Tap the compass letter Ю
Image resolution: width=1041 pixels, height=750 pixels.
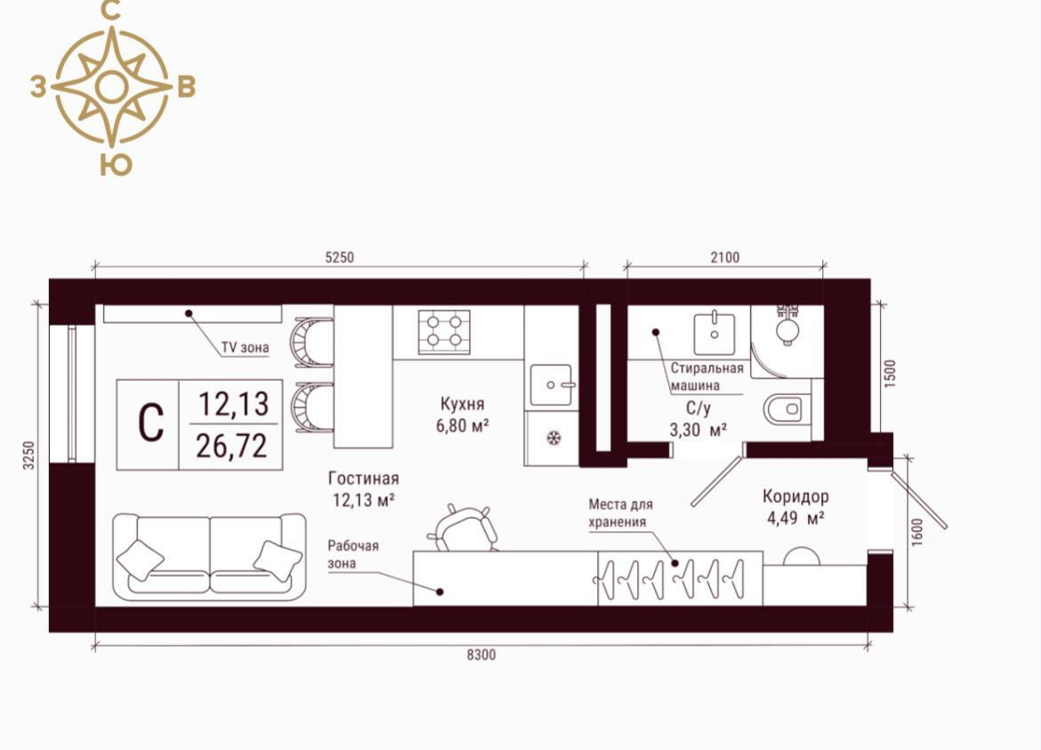pos(117,165)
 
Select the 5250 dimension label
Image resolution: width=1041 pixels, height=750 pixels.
pos(339,257)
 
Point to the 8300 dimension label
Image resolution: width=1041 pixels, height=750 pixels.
pos(480,655)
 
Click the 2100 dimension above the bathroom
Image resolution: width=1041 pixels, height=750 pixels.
pos(725,257)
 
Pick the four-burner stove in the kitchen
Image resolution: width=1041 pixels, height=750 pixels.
pos(444,331)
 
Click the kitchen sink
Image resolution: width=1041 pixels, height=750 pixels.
pos(551,384)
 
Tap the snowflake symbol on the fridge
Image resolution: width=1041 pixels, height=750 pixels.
pos(553,438)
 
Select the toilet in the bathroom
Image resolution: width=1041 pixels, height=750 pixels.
pos(785,409)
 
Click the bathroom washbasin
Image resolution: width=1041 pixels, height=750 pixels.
pos(714,333)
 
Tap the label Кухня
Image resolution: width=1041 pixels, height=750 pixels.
pos(462,404)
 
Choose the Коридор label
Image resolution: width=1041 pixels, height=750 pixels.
pos(795,496)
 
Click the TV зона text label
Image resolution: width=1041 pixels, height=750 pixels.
pos(245,347)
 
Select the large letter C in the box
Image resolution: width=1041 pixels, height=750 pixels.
pos(150,423)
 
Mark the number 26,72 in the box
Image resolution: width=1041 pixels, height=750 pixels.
pos(231,446)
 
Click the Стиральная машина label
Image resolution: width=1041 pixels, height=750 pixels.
pos(706,376)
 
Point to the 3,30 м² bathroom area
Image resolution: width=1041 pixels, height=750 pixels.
pos(697,430)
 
